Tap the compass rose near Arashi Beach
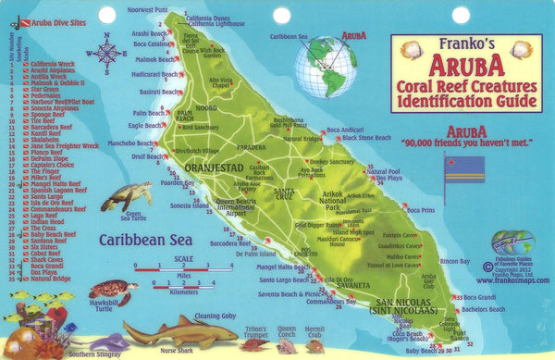[x=107, y=52]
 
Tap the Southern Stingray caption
[x=94, y=353]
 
